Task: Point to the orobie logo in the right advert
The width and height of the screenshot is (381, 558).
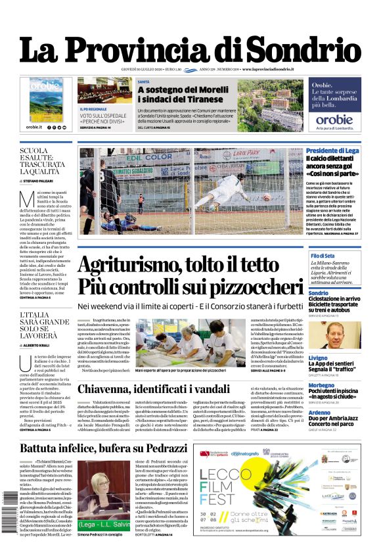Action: (x=334, y=120)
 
